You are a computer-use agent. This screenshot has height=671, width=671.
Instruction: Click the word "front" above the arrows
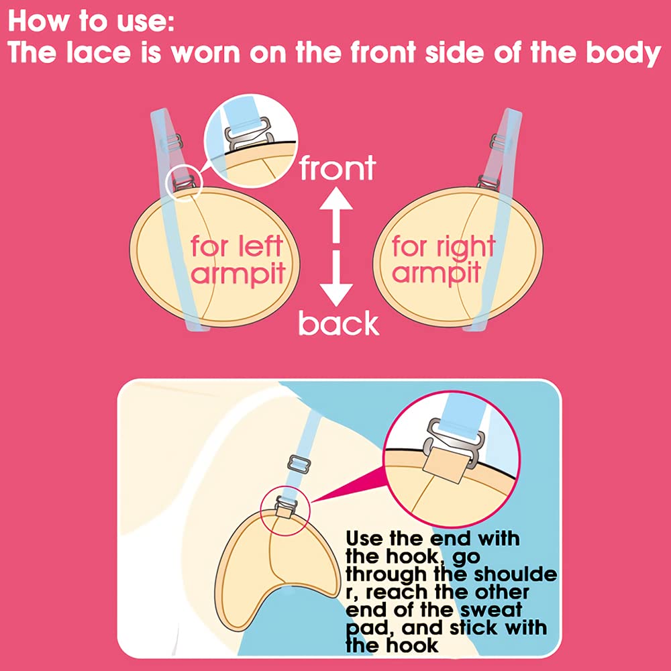pos(338,168)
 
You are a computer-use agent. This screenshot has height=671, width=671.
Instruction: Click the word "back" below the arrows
pos(338,323)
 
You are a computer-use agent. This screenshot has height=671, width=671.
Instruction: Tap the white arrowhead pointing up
pos(336,199)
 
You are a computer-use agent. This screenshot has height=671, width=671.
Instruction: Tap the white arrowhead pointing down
pos(336,295)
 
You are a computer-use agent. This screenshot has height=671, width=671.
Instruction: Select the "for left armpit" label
pos(238,260)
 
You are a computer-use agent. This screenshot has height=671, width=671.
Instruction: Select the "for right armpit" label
pos(444,260)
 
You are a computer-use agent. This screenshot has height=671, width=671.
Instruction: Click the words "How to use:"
pos(91,21)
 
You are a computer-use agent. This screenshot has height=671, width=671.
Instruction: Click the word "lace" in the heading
pos(99,52)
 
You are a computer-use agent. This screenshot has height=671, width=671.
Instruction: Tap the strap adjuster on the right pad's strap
pos(498,142)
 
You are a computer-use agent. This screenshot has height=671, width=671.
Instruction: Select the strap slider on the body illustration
pos(299,464)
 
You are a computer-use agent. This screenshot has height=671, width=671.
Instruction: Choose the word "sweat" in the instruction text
pos(492,610)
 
